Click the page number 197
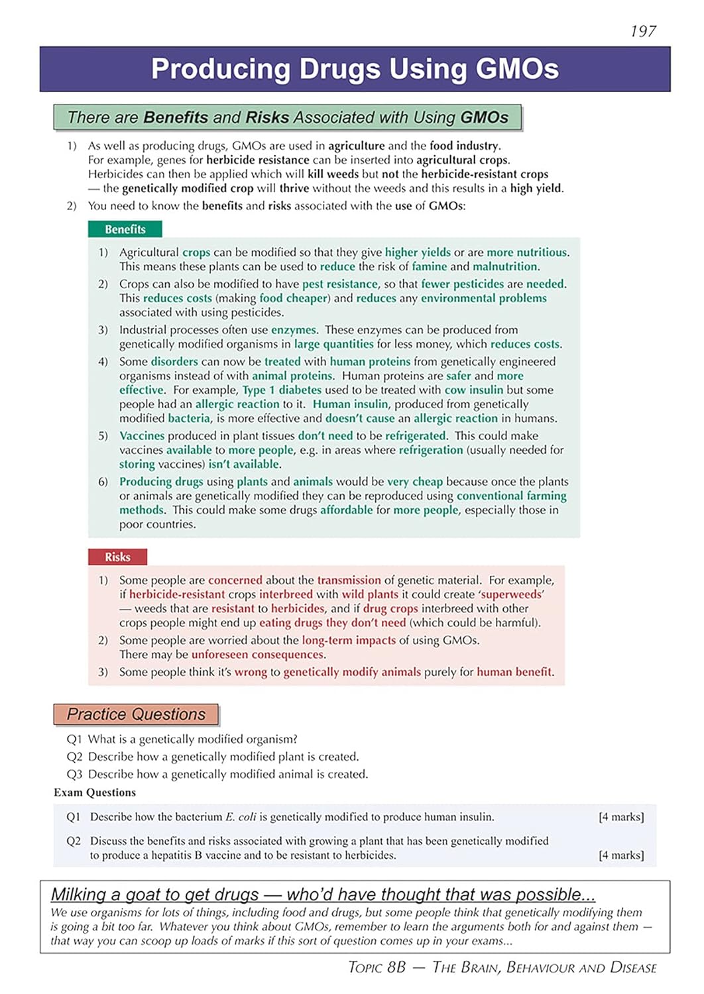642,31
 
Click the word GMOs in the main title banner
517,69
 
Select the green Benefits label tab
125,229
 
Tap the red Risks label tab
117,557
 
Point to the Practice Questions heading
136,714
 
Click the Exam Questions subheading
95,793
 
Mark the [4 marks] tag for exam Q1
621,817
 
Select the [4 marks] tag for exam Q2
621,856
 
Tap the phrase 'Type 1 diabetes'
282,390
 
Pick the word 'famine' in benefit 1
429,267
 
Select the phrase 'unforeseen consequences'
258,655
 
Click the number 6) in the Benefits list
103,482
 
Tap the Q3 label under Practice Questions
74,775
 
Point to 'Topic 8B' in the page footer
377,967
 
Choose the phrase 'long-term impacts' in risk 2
349,640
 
